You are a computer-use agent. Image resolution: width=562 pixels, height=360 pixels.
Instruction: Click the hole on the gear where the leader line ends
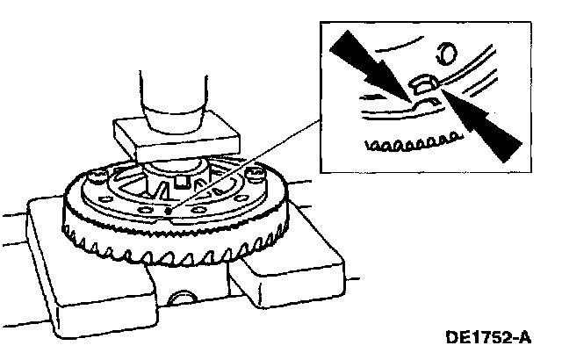[167, 212]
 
